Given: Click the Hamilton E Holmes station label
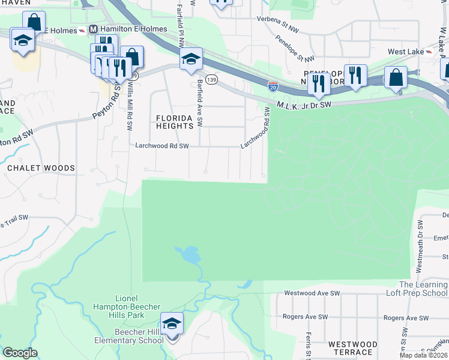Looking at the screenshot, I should (126, 29).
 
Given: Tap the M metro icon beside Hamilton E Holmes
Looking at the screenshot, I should (93, 29).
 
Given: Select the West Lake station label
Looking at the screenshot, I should (406, 52).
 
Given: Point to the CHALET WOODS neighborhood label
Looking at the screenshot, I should (41, 168).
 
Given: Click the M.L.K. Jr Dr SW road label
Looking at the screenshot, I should (304, 104).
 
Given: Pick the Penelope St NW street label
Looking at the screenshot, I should (295, 47).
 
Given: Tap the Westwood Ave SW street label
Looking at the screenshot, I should (309, 293).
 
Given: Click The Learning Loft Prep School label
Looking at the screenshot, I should (423, 289).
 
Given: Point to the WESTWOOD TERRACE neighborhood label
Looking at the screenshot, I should (353, 349).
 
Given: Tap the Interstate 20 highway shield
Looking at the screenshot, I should (273, 86).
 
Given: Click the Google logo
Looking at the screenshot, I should (20, 353).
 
